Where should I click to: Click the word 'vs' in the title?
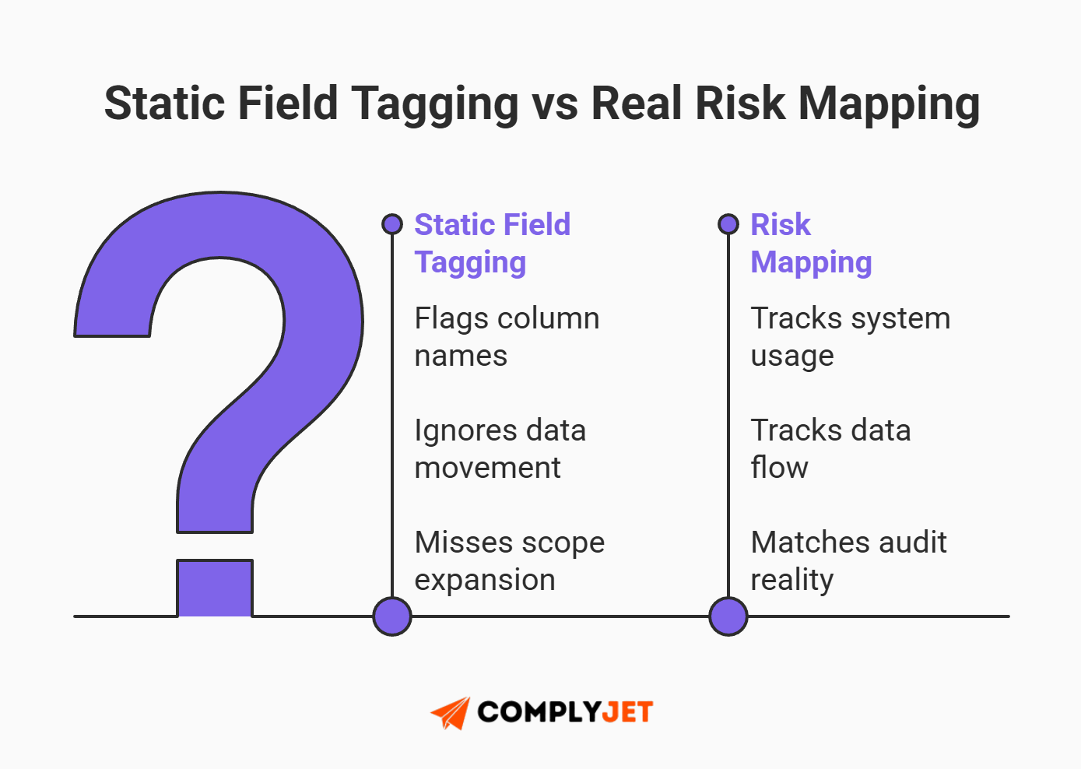coord(555,104)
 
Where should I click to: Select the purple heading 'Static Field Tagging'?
coord(492,243)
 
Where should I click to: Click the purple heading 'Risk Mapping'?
coord(810,243)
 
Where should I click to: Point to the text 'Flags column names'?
coord(507,336)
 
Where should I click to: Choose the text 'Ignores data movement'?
coord(500,448)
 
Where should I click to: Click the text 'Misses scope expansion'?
coord(509,560)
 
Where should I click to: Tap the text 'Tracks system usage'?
coord(850,336)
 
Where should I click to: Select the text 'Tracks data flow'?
coord(830,448)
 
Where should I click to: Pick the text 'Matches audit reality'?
coord(848,560)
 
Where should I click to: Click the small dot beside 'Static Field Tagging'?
coord(392,224)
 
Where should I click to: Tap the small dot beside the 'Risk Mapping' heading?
coord(728,224)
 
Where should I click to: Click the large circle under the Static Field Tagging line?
coord(392,616)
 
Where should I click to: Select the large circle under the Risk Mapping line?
coord(728,616)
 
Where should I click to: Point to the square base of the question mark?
coord(215,588)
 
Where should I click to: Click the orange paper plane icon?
coord(451,712)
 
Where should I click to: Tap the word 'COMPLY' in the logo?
coord(539,712)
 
